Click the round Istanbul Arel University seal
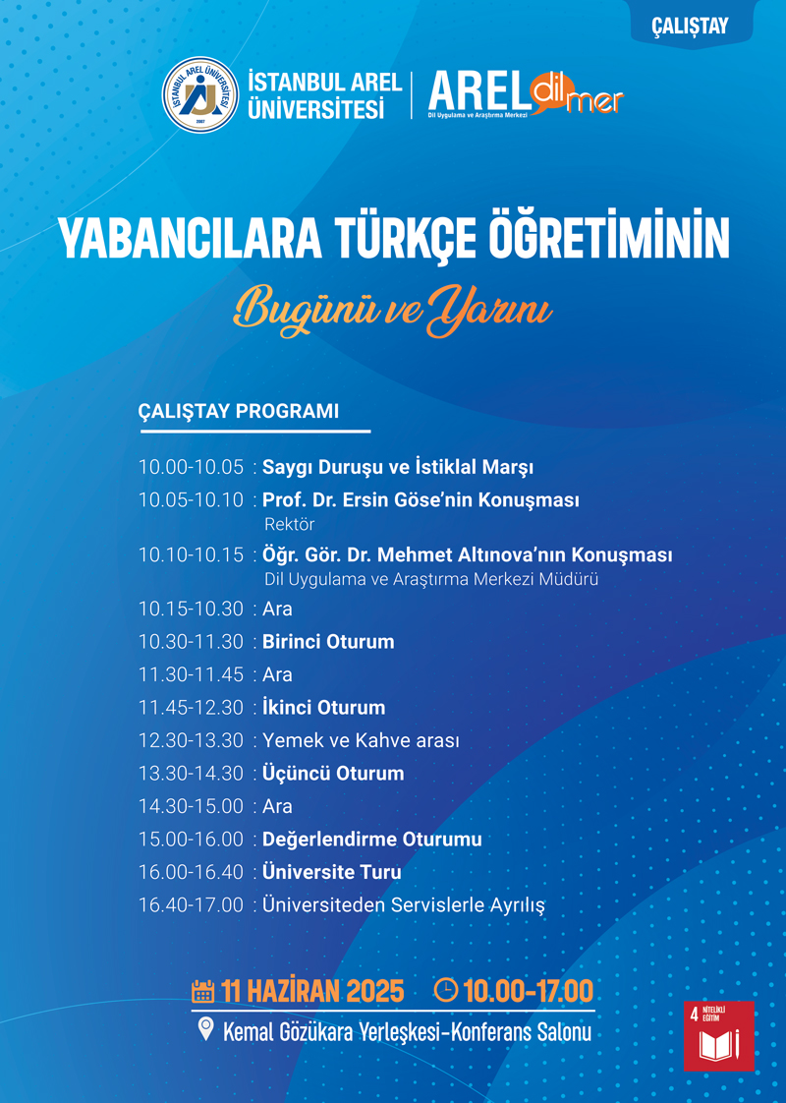[200, 94]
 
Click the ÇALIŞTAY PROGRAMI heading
[239, 411]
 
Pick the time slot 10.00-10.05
[191, 467]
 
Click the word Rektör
[289, 524]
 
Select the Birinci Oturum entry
[328, 642]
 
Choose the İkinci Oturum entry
[323, 707]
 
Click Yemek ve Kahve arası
[361, 740]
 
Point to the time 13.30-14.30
[191, 773]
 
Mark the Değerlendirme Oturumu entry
[372, 840]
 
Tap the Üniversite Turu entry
[332, 872]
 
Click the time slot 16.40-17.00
[191, 904]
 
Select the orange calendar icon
[202, 991]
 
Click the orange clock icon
[445, 990]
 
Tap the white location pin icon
[205, 1029]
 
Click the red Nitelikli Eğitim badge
[718, 1036]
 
